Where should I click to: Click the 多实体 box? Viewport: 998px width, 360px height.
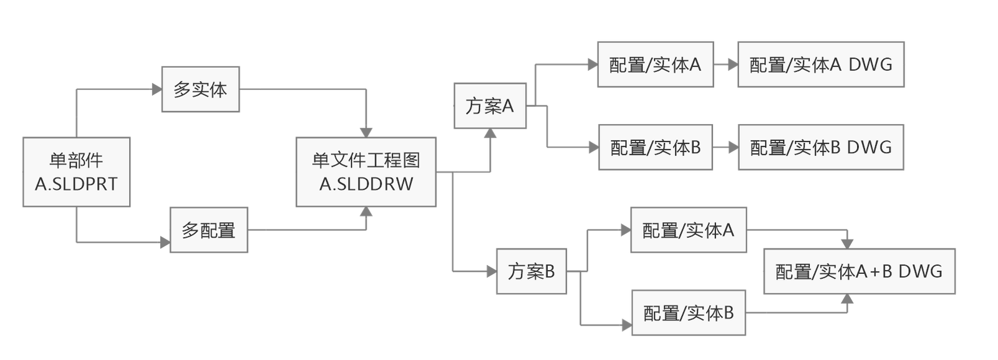click(201, 89)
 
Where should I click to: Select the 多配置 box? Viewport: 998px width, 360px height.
click(209, 230)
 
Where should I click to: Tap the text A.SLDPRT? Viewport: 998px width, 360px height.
click(76, 184)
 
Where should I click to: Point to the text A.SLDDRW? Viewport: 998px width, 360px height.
click(366, 184)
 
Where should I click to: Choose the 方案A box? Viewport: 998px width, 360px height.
click(490, 106)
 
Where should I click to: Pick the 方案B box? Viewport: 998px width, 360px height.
click(531, 271)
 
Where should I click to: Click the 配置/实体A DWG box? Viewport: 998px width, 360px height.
click(820, 64)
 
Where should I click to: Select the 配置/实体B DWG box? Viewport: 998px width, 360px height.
click(820, 148)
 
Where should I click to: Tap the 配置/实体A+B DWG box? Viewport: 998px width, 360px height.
click(859, 271)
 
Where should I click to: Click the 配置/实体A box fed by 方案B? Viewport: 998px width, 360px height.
click(688, 230)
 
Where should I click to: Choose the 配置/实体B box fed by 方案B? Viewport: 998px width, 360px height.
click(688, 313)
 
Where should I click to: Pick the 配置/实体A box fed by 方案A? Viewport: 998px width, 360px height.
click(655, 64)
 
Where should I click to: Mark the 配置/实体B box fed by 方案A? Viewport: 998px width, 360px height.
click(655, 148)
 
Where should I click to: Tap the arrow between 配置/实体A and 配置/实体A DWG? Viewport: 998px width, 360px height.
click(725, 64)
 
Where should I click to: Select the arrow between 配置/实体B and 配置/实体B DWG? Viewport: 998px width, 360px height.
click(725, 148)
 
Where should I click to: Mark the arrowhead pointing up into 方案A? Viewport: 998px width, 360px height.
click(490, 134)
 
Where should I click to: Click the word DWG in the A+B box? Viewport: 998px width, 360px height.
click(920, 271)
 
